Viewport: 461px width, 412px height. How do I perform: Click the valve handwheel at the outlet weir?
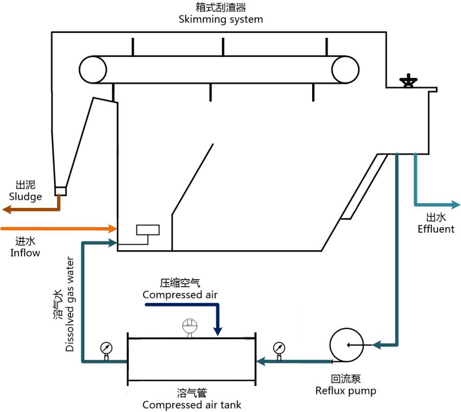point(408,81)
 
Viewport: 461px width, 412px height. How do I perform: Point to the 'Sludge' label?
point(25,197)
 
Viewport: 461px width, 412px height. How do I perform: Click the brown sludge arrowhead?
point(7,209)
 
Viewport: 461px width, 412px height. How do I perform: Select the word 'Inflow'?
point(25,252)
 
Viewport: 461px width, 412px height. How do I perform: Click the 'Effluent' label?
point(436,229)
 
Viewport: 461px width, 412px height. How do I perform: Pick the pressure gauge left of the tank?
point(107,348)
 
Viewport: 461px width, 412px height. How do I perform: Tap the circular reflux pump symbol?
point(345,345)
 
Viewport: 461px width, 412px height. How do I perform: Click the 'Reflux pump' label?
point(345,391)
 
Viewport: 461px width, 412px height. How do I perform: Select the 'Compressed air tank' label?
point(191,405)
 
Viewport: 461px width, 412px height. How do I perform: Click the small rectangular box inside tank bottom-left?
point(148,230)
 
